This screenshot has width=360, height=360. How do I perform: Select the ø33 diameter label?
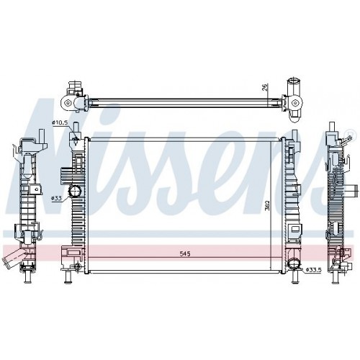[x=57, y=198]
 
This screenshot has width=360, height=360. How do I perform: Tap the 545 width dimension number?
[x=185, y=253]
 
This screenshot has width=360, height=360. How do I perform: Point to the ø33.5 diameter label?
[x=314, y=270]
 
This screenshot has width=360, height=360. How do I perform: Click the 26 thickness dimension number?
[x=265, y=87]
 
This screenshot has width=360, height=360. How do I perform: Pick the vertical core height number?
[x=267, y=205]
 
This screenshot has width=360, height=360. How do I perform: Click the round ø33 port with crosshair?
[x=75, y=192]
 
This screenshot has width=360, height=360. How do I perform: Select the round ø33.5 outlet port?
[x=294, y=265]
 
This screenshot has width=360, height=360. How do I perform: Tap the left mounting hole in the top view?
[x=68, y=104]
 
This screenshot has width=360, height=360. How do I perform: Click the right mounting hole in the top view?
[x=294, y=104]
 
